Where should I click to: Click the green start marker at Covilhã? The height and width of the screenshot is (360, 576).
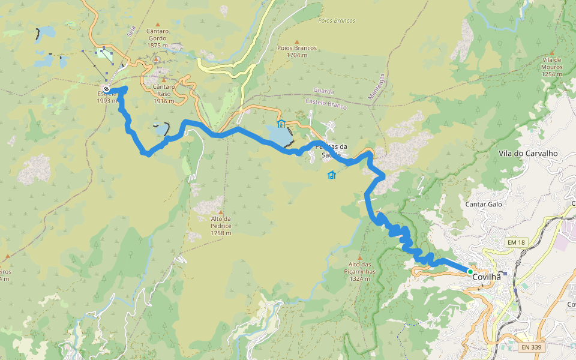pos(470,272)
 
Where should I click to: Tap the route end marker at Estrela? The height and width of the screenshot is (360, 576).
pos(106,90)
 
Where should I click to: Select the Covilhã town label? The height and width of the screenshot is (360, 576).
pos(487,277)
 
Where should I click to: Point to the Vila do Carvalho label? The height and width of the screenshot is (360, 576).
pos(528,154)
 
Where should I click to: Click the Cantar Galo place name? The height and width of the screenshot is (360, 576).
pos(484,204)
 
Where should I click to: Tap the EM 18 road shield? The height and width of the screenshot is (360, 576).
pos(515,242)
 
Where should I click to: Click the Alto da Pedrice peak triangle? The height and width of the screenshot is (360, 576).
pos(220,212)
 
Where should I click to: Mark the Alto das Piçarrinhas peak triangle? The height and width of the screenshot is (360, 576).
pos(360,257)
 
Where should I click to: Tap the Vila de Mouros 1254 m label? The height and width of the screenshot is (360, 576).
pos(551,67)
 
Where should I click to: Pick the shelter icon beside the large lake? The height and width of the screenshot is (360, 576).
pos(281,124)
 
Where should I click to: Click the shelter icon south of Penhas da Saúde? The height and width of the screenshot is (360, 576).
pos(331,175)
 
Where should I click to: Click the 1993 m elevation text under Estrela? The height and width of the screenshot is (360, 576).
pos(107,101)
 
